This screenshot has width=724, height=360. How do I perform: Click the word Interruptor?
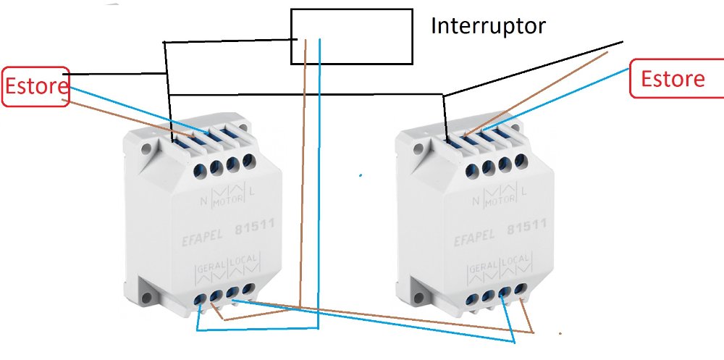point(487,27)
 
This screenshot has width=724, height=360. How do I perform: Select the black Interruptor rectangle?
point(352,36)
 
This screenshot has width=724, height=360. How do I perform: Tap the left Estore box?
point(36,88)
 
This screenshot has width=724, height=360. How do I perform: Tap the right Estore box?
point(673,79)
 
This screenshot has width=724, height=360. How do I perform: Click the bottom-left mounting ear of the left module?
point(153,296)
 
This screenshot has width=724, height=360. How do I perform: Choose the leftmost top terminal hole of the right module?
point(472,171)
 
